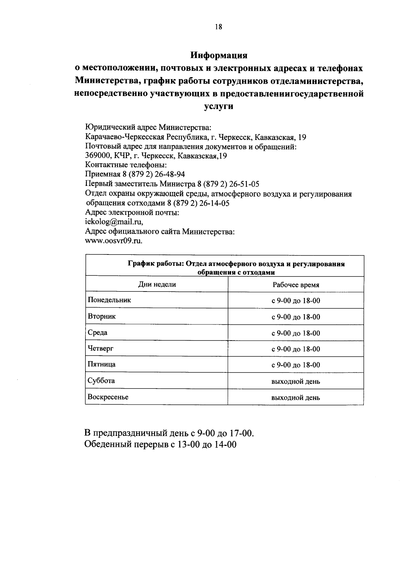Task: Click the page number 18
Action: (x=219, y=27)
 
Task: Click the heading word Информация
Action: (x=219, y=55)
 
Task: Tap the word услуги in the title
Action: (x=219, y=106)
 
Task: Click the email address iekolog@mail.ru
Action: (x=114, y=222)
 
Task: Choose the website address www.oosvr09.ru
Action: (x=113, y=240)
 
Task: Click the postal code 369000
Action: (x=96, y=156)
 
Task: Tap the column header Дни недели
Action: (x=157, y=284)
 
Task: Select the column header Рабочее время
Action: (x=296, y=285)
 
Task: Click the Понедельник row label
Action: (x=110, y=300)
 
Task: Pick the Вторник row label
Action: (x=102, y=316)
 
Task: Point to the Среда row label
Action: (x=98, y=333)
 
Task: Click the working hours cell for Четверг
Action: (x=296, y=349)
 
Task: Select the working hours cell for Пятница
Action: (x=296, y=365)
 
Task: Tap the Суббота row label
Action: (x=101, y=381)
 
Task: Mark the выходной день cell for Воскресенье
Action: (x=296, y=398)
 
